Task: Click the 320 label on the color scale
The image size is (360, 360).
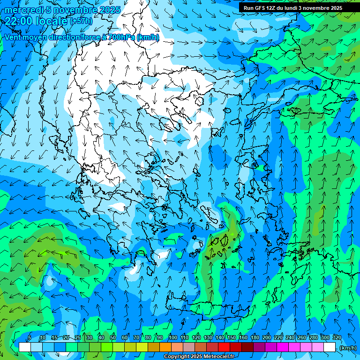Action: [x=337, y=337]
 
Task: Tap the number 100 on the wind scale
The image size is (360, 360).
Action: [x=173, y=337]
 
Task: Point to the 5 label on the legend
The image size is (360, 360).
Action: [x=30, y=337]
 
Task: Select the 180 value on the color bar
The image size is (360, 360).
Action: [x=255, y=337]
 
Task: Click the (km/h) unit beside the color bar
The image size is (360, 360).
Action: [x=347, y=347]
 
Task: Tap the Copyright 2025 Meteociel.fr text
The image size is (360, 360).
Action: [x=199, y=357]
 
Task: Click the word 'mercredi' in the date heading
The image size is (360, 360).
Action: [x=22, y=10]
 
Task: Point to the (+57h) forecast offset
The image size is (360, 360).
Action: [x=81, y=21]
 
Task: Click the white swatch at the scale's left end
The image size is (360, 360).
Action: [x=25, y=347]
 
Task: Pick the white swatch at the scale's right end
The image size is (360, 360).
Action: [x=330, y=347]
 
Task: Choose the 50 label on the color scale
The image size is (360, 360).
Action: [x=113, y=337]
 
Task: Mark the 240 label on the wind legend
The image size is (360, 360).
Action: [x=290, y=337]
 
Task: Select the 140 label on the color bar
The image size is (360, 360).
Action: [x=220, y=337]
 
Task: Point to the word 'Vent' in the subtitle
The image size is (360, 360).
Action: [x=14, y=37]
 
